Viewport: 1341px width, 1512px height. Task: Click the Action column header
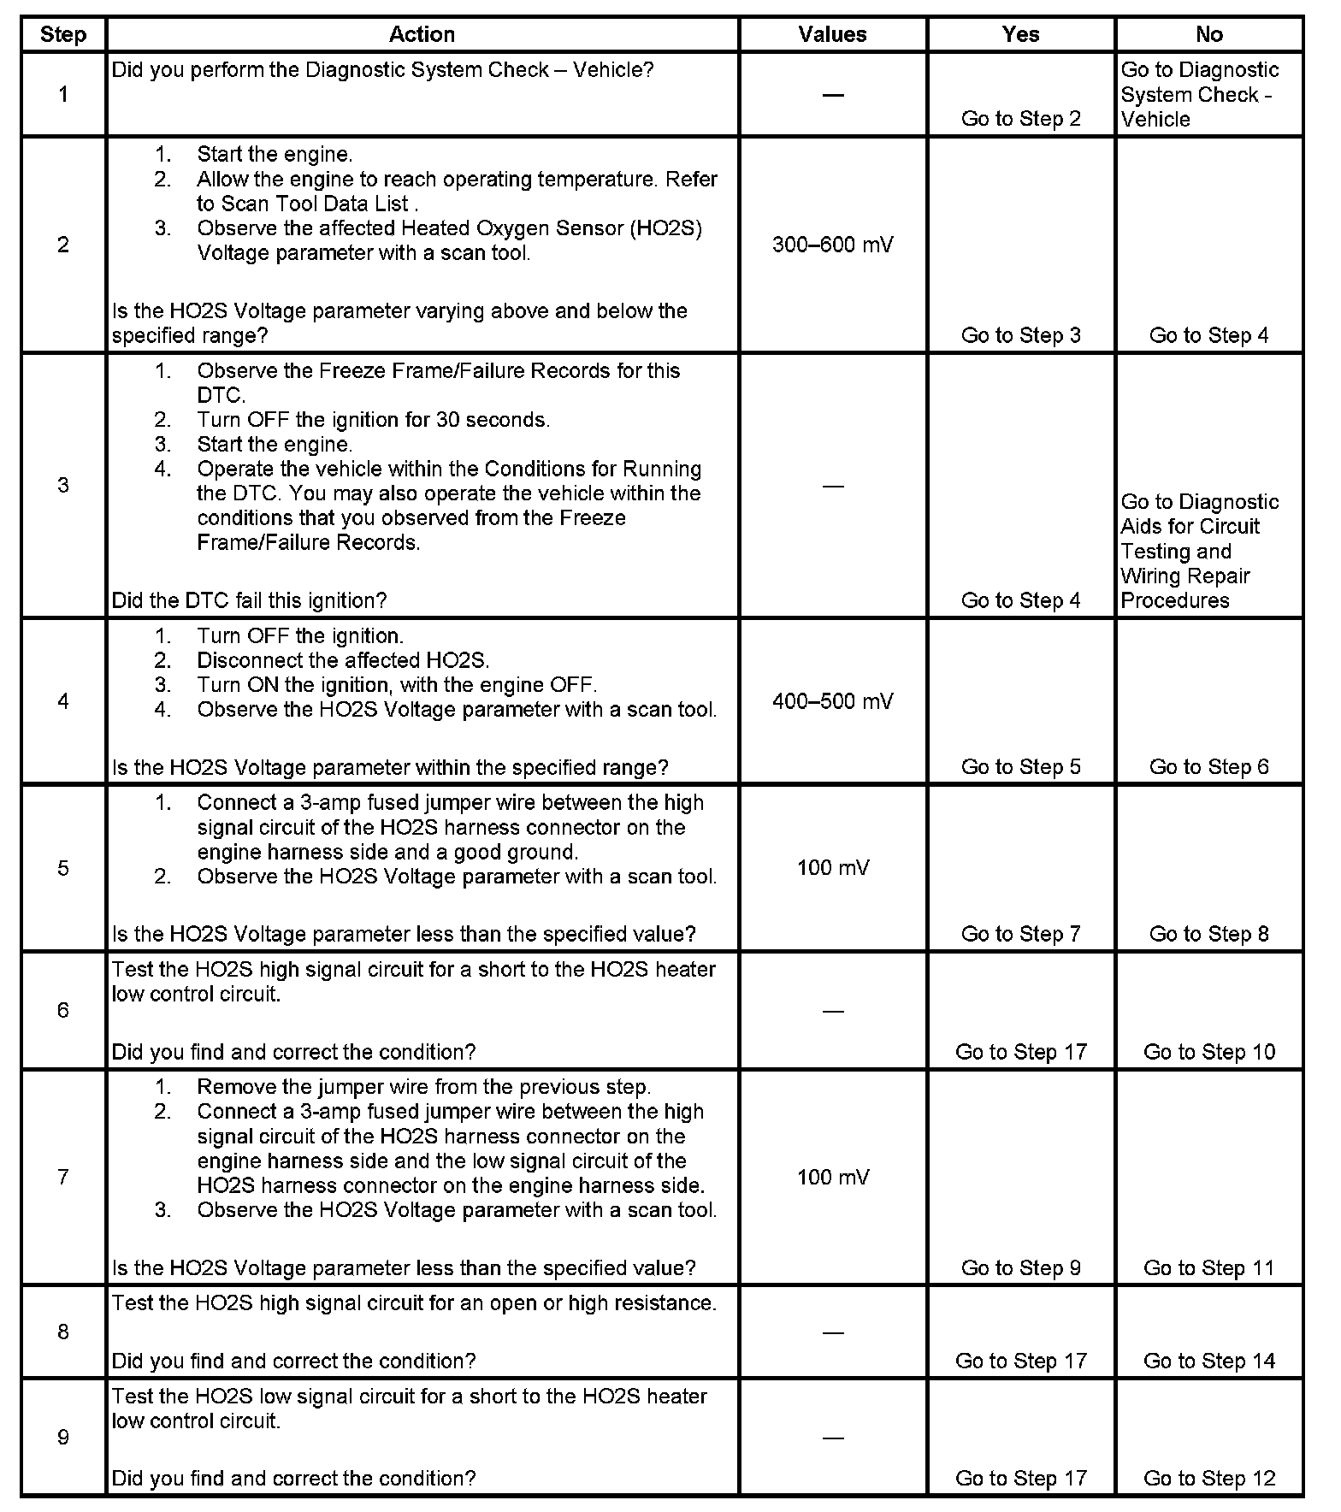[x=422, y=34]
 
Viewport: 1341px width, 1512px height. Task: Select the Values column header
[x=832, y=34]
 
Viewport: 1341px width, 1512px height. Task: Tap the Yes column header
[x=1020, y=34]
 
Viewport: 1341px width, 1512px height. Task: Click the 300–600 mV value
[x=832, y=245]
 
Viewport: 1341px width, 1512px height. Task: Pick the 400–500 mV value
[x=832, y=701]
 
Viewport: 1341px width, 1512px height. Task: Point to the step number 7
[x=63, y=1177]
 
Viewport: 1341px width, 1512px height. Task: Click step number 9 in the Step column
[x=63, y=1437]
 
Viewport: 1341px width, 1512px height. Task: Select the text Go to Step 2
[x=1020, y=119]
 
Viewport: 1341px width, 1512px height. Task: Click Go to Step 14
[x=1208, y=1361]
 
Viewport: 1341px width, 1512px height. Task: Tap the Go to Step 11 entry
[x=1208, y=1267]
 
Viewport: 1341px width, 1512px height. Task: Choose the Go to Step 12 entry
[x=1208, y=1478]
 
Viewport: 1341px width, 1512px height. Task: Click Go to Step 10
[x=1208, y=1052]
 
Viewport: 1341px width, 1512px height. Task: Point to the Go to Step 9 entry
[x=1020, y=1267]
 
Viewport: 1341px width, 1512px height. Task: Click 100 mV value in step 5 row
[x=832, y=868]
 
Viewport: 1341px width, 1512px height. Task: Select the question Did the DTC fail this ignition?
[x=249, y=600]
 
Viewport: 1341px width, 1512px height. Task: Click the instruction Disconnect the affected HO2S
[x=343, y=660]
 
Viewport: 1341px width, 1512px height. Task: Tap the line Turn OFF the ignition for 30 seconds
[x=373, y=420]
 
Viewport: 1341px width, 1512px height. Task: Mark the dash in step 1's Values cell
[x=832, y=95]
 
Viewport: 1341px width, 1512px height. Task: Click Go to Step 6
[x=1208, y=766]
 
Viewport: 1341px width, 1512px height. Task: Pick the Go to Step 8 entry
[x=1208, y=934]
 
